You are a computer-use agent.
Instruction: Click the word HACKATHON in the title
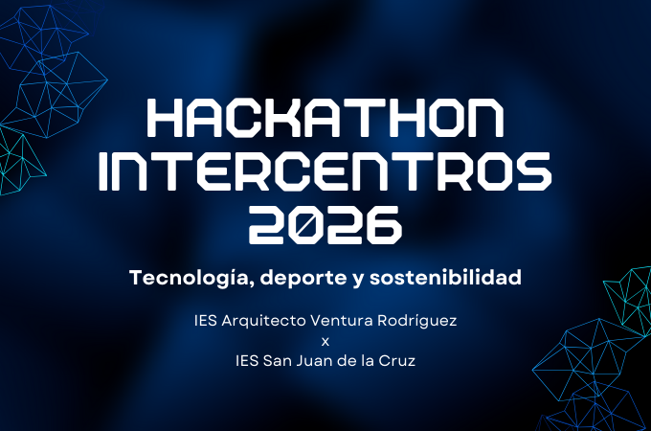[325, 118]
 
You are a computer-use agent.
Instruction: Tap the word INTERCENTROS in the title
[325, 171]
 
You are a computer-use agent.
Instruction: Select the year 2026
[325, 224]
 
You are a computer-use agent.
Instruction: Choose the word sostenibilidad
[445, 277]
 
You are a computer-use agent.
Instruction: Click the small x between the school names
[325, 342]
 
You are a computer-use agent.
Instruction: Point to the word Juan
[316, 360]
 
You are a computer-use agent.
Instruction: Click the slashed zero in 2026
[305, 224]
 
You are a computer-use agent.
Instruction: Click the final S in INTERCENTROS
[533, 171]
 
